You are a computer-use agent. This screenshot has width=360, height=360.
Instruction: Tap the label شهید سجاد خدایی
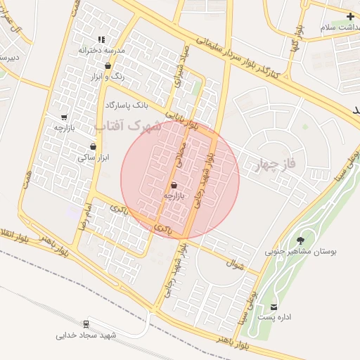[86, 335]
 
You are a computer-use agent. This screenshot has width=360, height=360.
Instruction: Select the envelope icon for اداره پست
[274, 307]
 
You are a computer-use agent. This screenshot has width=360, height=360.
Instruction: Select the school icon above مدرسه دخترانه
[102, 40]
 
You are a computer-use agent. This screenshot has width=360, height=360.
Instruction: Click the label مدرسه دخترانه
[101, 51]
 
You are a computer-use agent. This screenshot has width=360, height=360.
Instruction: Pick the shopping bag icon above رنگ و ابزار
[107, 66]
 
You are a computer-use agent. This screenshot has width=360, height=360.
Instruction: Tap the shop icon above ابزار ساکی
[93, 147]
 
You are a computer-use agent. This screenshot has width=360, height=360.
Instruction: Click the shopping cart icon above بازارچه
[65, 117]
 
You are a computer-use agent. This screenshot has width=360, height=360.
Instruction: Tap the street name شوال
[233, 265]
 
